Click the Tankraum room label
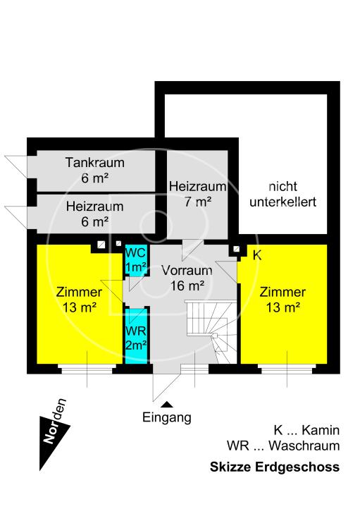tap(94, 170)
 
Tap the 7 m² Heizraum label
tap(197, 194)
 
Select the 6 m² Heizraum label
tap(94, 214)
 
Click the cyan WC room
tap(135, 260)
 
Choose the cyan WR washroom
tap(135, 337)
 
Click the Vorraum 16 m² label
tap(187, 278)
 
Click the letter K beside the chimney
tap(256, 255)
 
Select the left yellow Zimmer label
tap(78, 299)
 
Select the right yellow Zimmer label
tap(283, 299)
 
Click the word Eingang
tap(167, 417)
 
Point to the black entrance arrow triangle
tap(167, 404)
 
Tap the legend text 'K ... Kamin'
tap(306, 430)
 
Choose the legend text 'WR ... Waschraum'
tap(283, 446)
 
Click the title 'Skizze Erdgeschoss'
tap(275, 467)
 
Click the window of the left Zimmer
tap(86, 368)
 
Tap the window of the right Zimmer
tap(286, 368)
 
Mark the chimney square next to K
tap(235, 249)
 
